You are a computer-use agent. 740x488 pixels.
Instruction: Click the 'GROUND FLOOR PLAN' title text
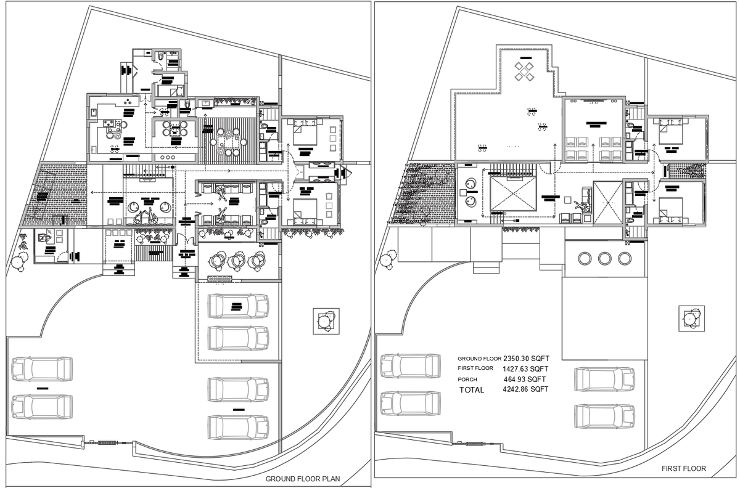click(x=302, y=478)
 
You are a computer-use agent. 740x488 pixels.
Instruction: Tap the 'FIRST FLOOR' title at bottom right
click(x=684, y=469)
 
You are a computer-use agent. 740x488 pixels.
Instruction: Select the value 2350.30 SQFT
click(x=526, y=358)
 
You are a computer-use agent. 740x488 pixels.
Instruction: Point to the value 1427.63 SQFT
click(x=526, y=368)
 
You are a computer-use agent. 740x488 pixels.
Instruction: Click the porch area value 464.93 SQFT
click(x=526, y=379)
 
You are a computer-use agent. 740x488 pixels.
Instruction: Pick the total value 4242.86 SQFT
click(x=526, y=389)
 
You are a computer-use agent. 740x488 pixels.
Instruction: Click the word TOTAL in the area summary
click(x=472, y=390)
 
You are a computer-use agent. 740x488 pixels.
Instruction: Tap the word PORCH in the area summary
click(x=467, y=379)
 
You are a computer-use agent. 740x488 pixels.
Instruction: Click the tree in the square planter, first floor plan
click(x=690, y=319)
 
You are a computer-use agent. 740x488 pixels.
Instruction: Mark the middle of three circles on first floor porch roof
click(x=604, y=258)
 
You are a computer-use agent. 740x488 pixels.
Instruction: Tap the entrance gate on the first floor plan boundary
click(x=474, y=443)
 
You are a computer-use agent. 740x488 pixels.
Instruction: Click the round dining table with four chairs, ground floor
click(x=175, y=131)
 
